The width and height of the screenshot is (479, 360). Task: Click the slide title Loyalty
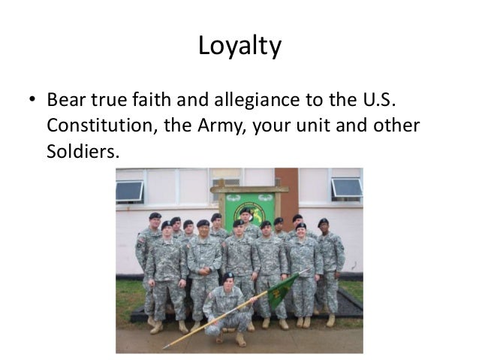[x=239, y=47]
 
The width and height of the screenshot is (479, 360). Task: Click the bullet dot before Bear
[x=32, y=101]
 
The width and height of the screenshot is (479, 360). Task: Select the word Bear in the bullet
[x=65, y=100]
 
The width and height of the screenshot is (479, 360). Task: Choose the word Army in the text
[x=224, y=126]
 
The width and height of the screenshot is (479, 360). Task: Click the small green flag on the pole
[x=283, y=289]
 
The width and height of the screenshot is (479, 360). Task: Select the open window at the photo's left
[x=129, y=191]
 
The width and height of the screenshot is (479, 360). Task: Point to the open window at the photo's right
[x=347, y=188]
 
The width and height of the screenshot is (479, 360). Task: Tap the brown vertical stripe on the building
[x=287, y=192]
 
